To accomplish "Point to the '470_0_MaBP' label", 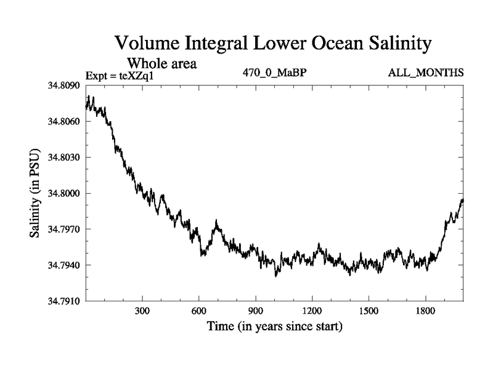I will click(275, 73).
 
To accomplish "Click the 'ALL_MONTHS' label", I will click(425, 73).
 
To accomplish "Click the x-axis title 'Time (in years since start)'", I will click(274, 326).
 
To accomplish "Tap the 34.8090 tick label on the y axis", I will click(63, 85).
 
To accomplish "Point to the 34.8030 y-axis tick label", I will click(63, 157).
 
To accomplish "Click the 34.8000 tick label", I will click(63, 194).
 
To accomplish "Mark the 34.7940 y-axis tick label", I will click(63, 266).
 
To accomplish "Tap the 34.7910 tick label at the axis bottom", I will click(63, 301).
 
